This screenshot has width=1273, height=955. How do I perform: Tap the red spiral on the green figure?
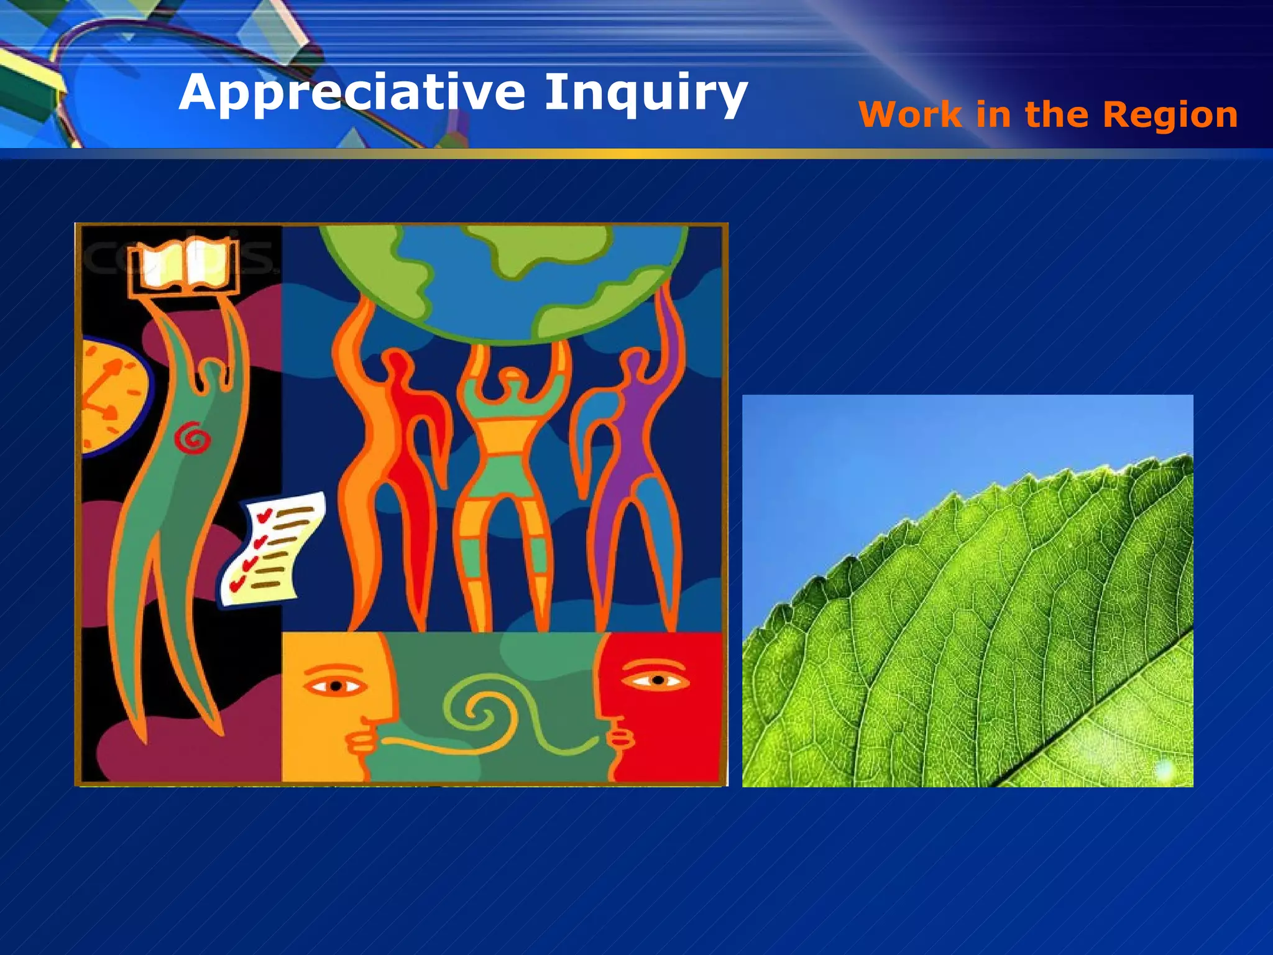point(193,438)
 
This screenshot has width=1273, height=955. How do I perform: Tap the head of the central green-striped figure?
point(512,378)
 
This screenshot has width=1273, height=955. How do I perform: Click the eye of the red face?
point(657,680)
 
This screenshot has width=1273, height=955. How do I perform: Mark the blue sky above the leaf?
point(901,454)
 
